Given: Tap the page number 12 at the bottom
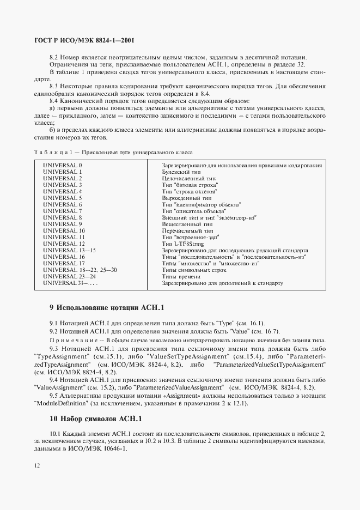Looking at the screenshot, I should tap(36, 466).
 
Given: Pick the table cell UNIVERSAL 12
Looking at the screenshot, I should tap(64, 244).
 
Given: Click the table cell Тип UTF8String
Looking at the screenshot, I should tap(186, 244).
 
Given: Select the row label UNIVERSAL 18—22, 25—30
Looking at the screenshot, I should tap(80, 270).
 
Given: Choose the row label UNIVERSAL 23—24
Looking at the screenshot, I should tap(68, 277).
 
